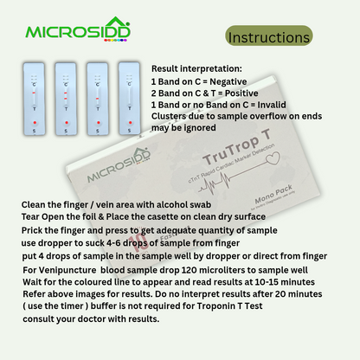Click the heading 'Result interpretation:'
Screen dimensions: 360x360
click(x=197, y=67)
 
